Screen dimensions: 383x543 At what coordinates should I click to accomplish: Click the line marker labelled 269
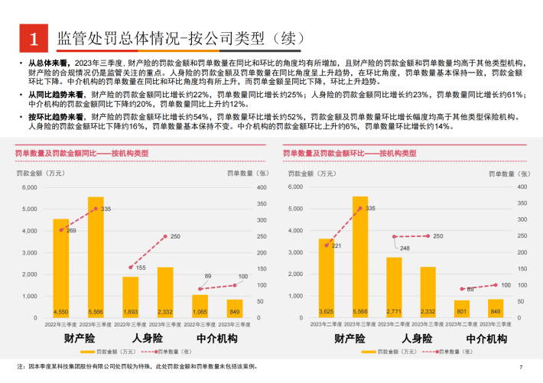(60, 230)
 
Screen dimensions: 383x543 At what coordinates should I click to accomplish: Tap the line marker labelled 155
(131, 268)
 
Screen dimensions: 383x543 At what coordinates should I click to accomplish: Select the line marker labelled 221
(327, 245)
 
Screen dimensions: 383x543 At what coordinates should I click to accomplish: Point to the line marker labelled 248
(395, 237)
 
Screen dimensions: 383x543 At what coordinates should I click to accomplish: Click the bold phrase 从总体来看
(51, 63)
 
